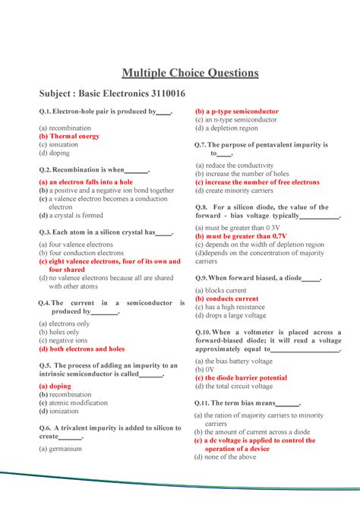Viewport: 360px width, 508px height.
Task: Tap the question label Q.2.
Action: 45,170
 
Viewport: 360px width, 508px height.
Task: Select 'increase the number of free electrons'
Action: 261,182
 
